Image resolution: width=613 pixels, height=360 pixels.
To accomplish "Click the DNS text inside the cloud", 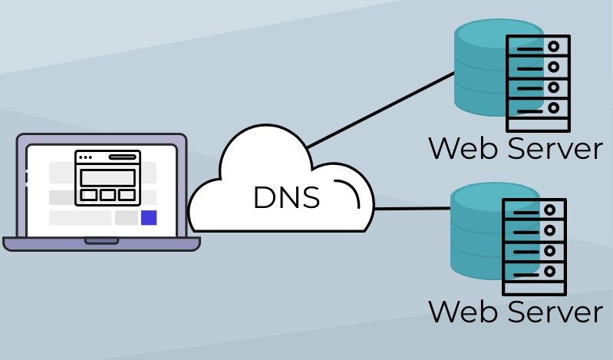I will (x=285, y=198).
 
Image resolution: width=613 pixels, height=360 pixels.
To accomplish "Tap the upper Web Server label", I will (x=515, y=148).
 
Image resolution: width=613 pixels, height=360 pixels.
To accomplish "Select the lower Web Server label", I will (x=515, y=312).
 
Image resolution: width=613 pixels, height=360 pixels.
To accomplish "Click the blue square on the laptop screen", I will (x=149, y=217).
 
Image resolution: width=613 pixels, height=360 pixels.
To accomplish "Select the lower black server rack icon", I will (x=534, y=246).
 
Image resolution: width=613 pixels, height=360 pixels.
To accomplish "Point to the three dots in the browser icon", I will (x=85, y=157).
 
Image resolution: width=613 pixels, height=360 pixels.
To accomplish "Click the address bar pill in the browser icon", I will (x=122, y=157).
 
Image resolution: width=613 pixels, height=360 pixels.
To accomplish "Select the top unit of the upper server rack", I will (x=538, y=47).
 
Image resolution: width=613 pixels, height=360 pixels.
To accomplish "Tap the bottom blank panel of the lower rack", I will (x=534, y=286).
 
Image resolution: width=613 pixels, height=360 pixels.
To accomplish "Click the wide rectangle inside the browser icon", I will (x=107, y=177).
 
